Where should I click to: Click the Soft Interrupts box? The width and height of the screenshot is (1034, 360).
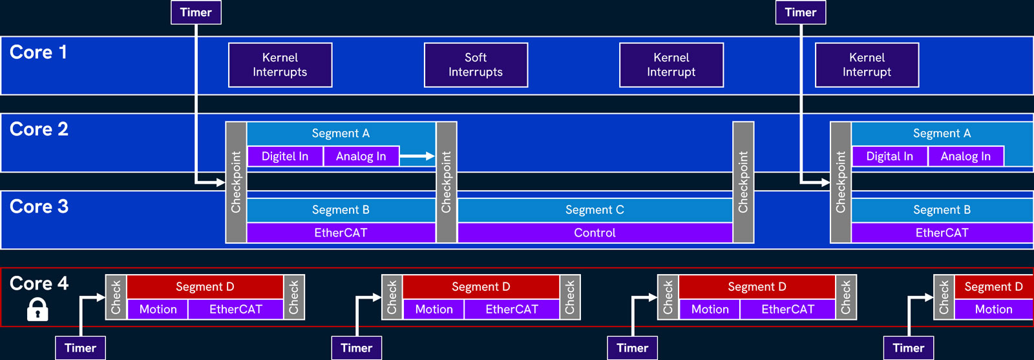point(476,65)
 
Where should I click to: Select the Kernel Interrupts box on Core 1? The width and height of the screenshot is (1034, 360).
point(280,65)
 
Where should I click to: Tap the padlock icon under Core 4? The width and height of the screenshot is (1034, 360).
point(37,310)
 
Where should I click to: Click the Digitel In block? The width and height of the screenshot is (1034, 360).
point(285,156)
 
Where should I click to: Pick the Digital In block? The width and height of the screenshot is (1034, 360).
point(889,156)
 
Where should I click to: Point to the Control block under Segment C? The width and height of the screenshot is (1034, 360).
point(595,233)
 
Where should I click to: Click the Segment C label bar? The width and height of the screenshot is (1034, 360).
point(595,210)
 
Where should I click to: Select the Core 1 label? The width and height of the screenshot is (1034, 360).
point(39,52)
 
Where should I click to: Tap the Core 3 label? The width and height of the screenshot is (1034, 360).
point(39,207)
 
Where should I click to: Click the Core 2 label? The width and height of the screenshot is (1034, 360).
point(39,129)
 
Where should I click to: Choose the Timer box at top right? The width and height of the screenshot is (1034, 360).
point(800,12)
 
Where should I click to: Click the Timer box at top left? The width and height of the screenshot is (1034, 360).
point(196,12)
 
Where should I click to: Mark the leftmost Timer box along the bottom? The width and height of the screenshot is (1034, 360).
point(80,348)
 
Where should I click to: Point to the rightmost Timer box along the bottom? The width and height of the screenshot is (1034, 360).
point(908,348)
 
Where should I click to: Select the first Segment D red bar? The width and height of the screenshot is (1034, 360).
point(205,286)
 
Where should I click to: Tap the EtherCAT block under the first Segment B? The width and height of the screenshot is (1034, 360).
point(341,233)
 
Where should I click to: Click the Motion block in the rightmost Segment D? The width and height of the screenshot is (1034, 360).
point(993,310)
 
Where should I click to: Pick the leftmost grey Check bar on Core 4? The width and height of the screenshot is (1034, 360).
point(116,297)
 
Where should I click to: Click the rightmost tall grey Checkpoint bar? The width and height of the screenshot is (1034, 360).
point(840,182)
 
